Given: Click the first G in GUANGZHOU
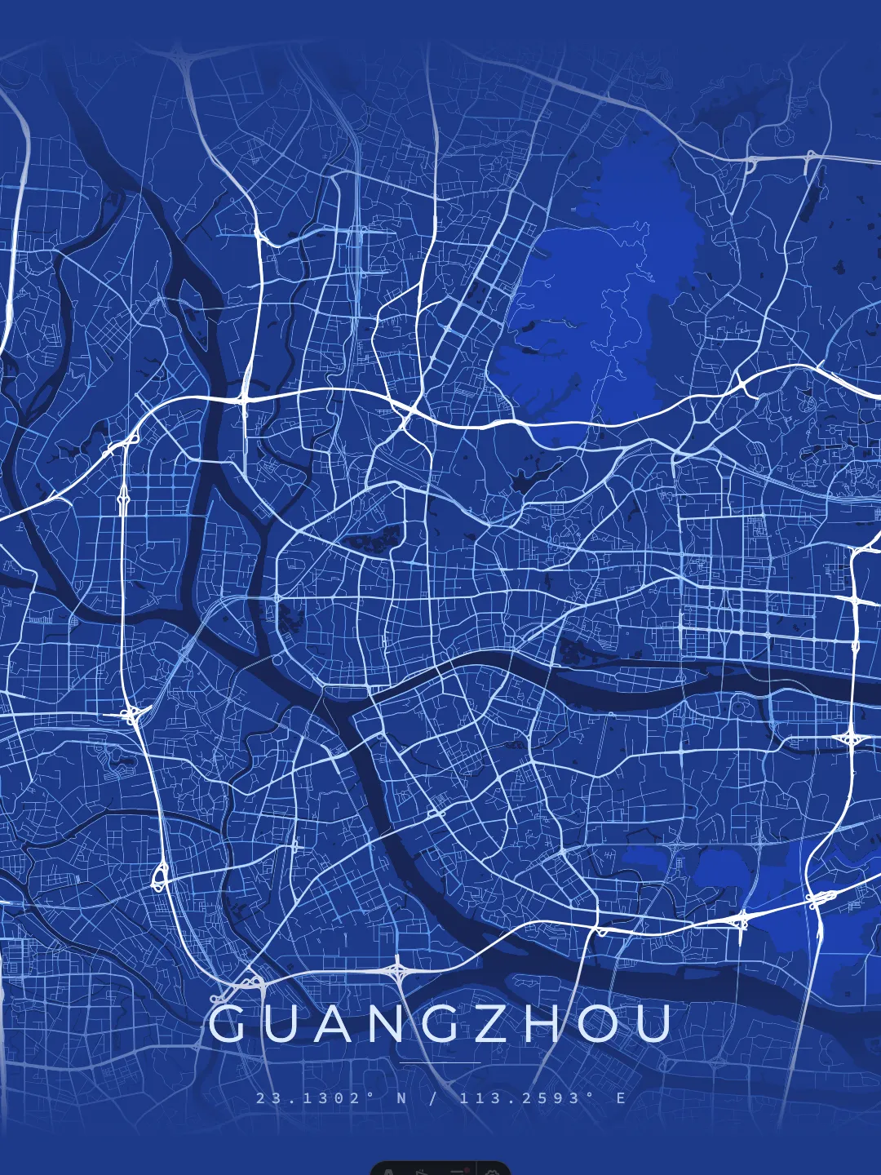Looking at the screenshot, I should point(227,1024).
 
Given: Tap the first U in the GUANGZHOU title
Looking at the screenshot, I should point(281,1024).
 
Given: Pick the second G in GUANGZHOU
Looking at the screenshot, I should point(443,1024).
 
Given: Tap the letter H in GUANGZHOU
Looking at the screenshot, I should point(546,1024).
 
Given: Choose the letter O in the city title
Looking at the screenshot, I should point(599,1024).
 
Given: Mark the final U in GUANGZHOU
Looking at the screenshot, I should point(654,1024).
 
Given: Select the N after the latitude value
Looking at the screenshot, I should point(401,1098).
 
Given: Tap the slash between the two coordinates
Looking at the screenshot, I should point(433,1098).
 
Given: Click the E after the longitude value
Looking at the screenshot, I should point(622,1098).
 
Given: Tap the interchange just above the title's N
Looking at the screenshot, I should point(397,972).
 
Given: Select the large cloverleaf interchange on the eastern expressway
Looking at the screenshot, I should point(852,738).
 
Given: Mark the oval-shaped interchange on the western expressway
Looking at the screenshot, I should point(159,876).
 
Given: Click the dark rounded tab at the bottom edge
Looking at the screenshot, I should point(440,1168).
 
